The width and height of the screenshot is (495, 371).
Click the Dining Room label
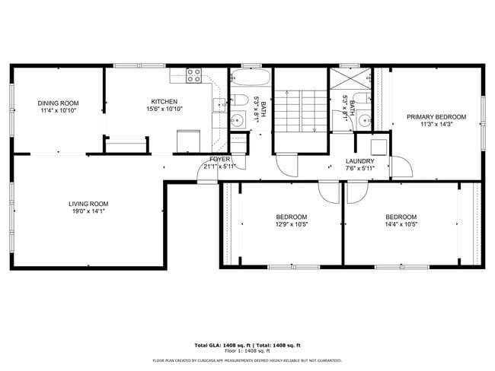[58, 103]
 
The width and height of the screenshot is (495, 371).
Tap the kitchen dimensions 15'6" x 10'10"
[164, 109]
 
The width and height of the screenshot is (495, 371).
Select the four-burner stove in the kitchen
[193, 76]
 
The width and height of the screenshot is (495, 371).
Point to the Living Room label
[88, 204]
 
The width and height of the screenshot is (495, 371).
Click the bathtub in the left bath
[251, 76]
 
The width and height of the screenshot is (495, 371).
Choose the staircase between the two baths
[301, 111]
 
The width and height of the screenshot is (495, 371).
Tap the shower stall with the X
[350, 78]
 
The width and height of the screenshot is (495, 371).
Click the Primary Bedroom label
[436, 117]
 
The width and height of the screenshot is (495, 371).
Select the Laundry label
[360, 161]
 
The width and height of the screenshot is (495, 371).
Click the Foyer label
[220, 159]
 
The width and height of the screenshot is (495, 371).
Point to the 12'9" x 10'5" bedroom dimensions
[292, 224]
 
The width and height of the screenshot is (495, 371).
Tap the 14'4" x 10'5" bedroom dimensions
[401, 224]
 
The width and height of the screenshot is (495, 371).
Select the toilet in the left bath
[238, 100]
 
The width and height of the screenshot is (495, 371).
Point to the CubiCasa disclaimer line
[247, 360]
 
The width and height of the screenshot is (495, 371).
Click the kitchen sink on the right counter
[219, 105]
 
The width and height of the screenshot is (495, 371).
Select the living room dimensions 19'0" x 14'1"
[88, 211]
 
